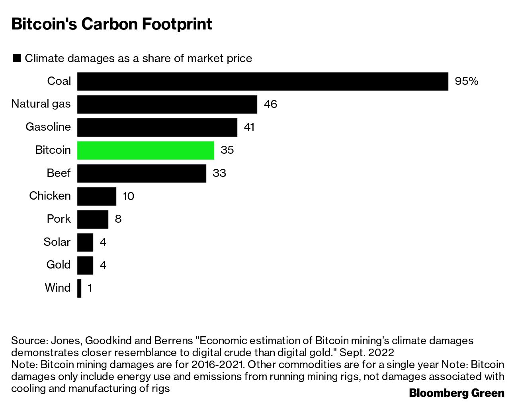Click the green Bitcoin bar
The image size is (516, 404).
pos(145,150)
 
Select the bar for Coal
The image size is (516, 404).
pos(262,81)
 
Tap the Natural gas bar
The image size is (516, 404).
pos(167,104)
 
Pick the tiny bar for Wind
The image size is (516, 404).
pos(79,288)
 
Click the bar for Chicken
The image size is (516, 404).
pos(96,196)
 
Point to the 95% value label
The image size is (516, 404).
pos(466,81)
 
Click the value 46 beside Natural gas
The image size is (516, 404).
pos(270,104)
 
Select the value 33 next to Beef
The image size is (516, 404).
pos(219,173)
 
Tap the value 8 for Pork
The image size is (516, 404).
pos(118,219)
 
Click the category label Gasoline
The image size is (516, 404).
pos(48,127)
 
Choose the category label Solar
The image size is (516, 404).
pos(57,242)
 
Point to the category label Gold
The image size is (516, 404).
pos(59,265)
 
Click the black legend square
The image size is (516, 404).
pos(17,59)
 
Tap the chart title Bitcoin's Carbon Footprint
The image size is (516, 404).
pos(111,24)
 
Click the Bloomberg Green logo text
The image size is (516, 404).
pos(457,393)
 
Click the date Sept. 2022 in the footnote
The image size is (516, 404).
pos(367,353)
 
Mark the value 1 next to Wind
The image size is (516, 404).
pos(90,288)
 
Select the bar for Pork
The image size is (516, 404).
pos(92,219)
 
